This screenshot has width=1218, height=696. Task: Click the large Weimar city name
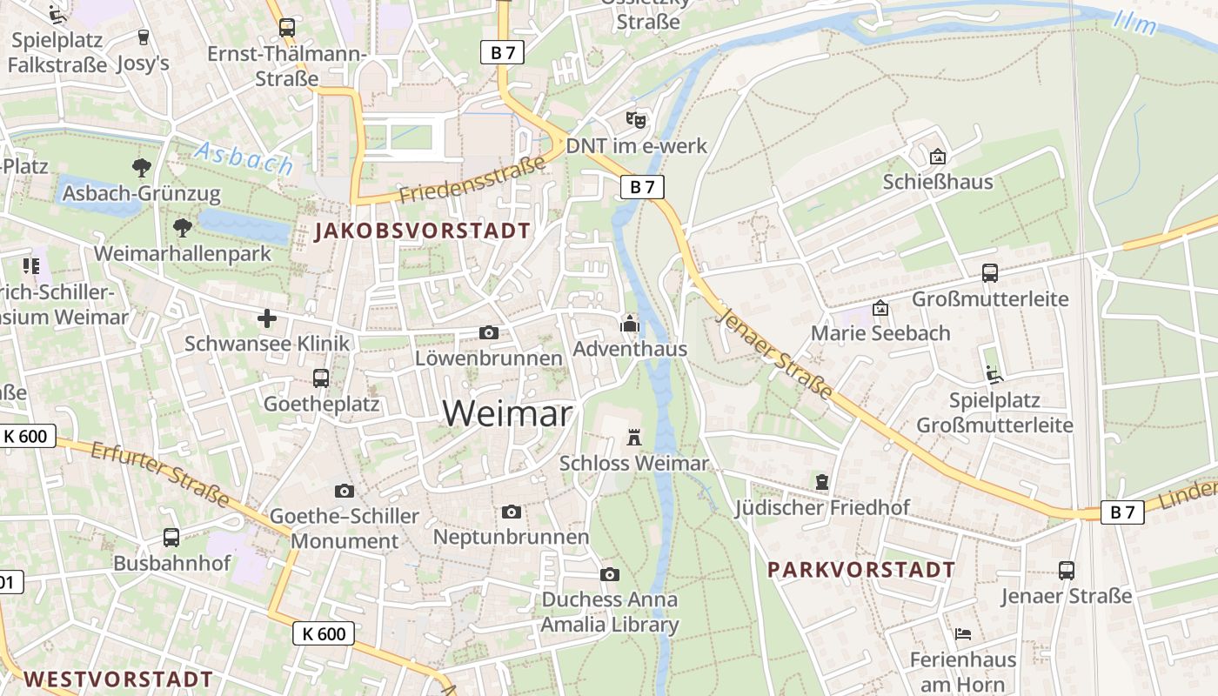point(508,413)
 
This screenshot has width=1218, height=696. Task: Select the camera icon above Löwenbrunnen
point(489,332)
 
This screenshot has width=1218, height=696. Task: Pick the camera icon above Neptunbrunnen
point(512,512)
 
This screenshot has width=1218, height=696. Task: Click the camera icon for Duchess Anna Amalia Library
point(610,574)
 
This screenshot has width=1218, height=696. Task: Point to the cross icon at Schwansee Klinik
point(267,318)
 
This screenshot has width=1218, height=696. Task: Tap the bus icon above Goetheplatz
point(321,378)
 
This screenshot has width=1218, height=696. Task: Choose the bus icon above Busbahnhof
point(171,538)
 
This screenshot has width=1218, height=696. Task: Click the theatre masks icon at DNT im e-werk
point(637,119)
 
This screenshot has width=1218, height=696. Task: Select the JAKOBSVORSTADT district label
point(423,231)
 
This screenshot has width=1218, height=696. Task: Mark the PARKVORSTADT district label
point(861,571)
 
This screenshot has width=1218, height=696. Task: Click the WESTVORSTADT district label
point(117,679)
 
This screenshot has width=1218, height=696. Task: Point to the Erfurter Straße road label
point(160,473)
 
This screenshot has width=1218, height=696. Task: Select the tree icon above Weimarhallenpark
point(183,228)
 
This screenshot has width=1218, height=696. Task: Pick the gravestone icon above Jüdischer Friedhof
point(822,481)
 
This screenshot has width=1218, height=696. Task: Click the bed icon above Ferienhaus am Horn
point(963,634)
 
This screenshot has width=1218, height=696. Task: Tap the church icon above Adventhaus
point(629,325)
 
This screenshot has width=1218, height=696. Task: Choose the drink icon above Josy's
point(144,37)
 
